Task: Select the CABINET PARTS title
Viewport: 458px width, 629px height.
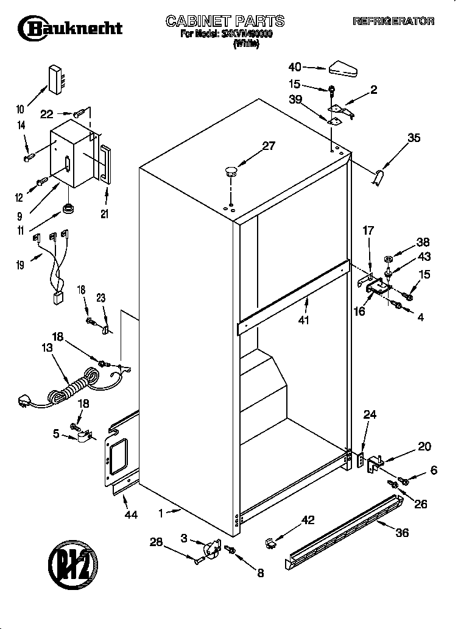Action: (225, 21)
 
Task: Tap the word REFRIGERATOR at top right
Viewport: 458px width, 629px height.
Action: (393, 21)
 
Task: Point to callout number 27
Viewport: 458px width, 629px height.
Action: (268, 146)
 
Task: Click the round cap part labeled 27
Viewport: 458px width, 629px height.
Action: (231, 171)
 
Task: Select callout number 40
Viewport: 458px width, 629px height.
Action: (295, 66)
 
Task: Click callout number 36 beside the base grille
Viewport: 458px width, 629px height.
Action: (402, 532)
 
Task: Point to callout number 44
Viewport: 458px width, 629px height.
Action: (130, 515)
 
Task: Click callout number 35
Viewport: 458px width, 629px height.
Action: (414, 138)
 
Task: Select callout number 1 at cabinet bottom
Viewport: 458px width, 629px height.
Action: (161, 514)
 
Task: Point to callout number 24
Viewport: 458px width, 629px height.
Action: (370, 415)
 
